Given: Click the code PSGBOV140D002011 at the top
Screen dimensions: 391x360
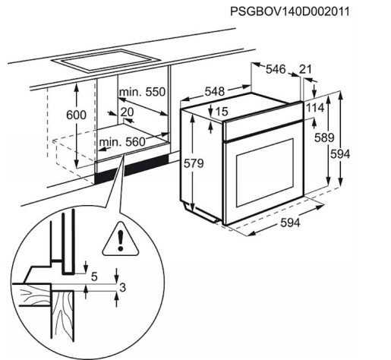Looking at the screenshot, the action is click(289, 11).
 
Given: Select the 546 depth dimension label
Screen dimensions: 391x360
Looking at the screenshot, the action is click(276, 69).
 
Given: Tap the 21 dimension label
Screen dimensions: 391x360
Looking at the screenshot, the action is click(305, 69).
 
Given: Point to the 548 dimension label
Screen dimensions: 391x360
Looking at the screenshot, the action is click(215, 91).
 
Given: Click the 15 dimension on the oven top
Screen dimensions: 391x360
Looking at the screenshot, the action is click(222, 112).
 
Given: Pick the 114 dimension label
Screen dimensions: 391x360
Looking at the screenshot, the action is click(315, 108).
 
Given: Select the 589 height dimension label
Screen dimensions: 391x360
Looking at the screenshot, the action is click(324, 137).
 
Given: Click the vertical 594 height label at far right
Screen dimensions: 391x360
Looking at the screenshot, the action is click(340, 154).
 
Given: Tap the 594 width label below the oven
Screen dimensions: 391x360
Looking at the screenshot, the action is click(290, 223).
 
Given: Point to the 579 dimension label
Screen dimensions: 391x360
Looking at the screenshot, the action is click(194, 163).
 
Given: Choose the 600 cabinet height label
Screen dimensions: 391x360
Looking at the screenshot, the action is click(76, 115).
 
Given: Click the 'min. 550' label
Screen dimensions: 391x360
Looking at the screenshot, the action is click(142, 92).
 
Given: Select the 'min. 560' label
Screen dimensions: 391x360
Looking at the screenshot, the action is click(122, 142).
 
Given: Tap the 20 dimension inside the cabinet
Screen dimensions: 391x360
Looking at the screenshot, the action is click(127, 112).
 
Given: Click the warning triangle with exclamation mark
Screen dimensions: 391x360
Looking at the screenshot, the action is click(121, 239).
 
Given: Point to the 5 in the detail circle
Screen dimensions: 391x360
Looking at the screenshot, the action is click(94, 276).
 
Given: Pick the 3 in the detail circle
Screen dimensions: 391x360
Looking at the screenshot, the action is click(122, 288).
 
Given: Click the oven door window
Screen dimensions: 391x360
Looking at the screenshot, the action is click(265, 172).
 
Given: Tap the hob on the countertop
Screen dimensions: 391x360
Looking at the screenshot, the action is click(106, 61).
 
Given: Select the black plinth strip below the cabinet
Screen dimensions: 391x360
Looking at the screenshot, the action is click(131, 169).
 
